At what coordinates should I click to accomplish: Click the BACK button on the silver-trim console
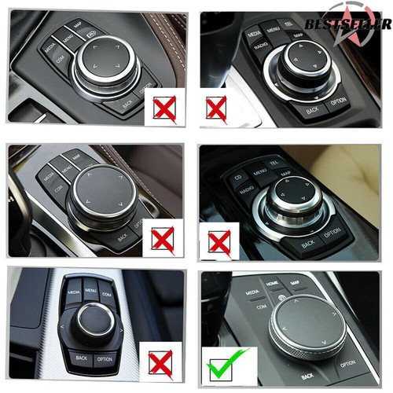[x=82, y=358]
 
